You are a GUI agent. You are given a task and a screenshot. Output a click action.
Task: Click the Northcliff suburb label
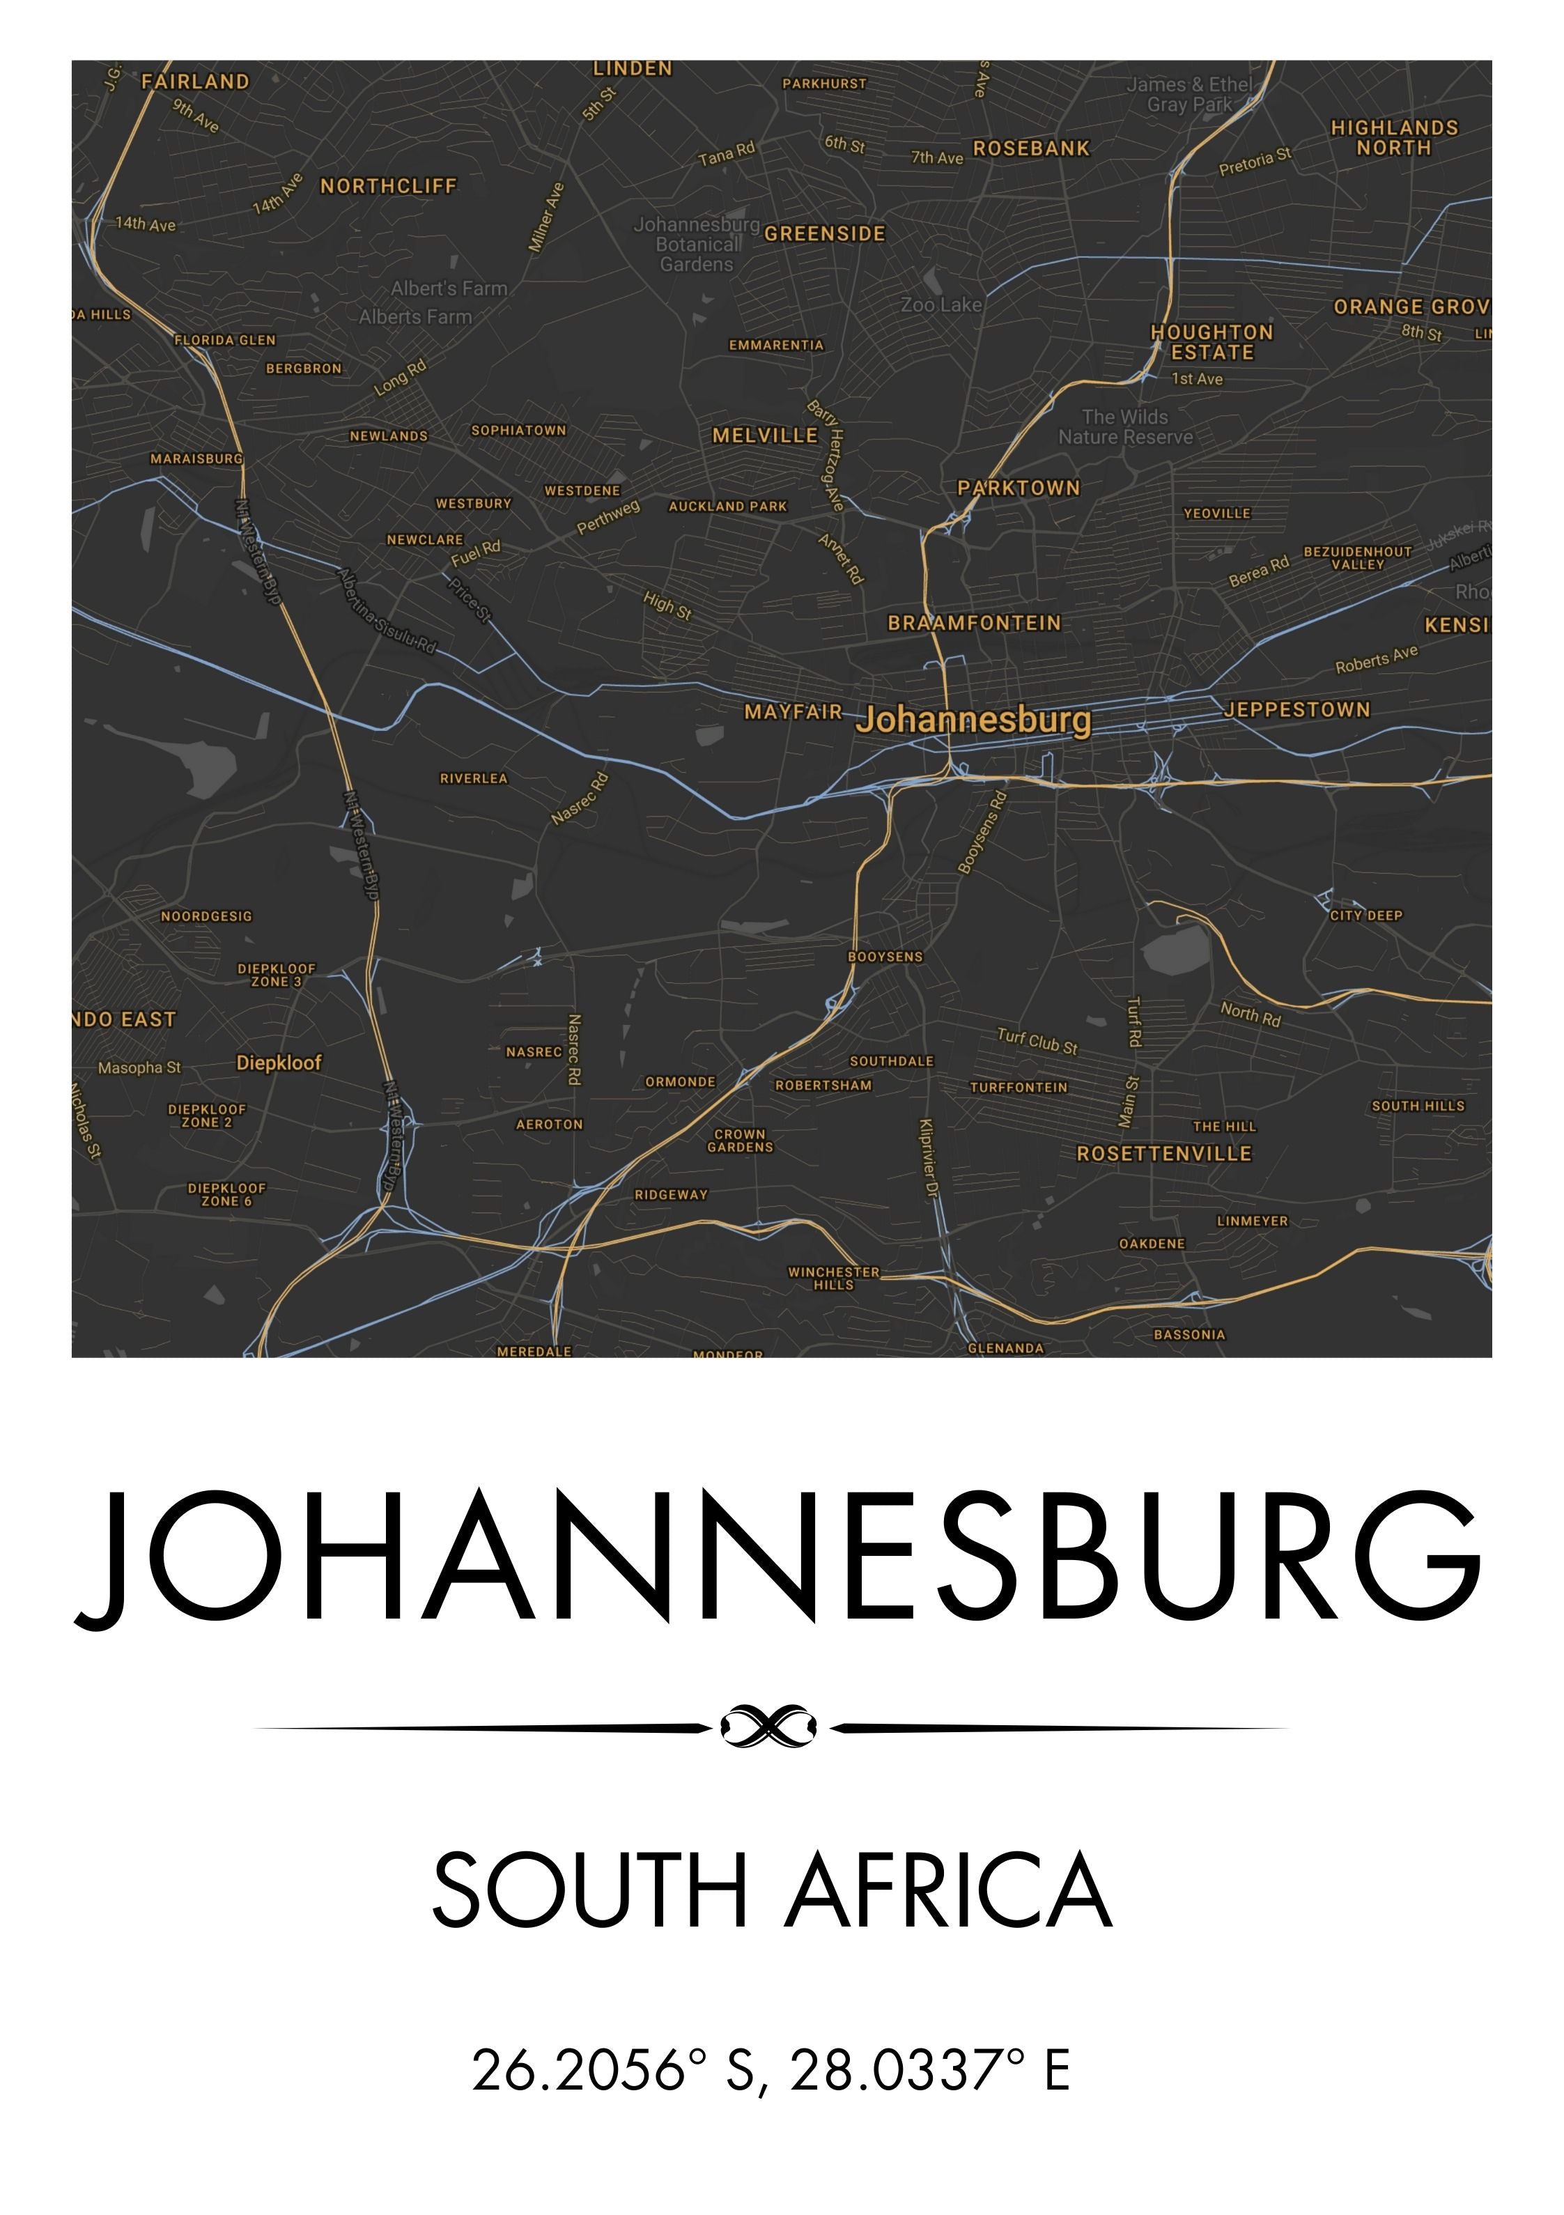[x=388, y=186]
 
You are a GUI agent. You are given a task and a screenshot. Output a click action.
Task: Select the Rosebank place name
[x=1030, y=148]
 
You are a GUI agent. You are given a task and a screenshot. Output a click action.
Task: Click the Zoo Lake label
[x=940, y=305]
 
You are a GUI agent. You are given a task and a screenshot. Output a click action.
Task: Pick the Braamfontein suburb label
[x=973, y=623]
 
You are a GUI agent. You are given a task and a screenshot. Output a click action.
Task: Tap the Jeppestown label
[x=1296, y=710]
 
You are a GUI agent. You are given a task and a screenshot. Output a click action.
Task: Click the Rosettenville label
[x=1163, y=1154]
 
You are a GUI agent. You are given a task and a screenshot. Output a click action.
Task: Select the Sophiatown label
[x=518, y=431]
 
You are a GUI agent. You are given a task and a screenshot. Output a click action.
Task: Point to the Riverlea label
[x=473, y=778]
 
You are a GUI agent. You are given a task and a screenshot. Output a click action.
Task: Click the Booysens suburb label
[x=885, y=957]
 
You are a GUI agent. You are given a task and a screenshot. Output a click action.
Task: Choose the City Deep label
[x=1365, y=916]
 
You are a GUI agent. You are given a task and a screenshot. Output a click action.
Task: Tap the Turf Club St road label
[x=1037, y=1041]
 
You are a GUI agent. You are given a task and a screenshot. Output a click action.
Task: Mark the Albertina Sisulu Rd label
[x=386, y=610]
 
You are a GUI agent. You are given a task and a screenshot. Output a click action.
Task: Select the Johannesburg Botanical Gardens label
[x=697, y=244]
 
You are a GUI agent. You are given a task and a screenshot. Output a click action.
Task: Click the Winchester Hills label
[x=834, y=1279]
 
